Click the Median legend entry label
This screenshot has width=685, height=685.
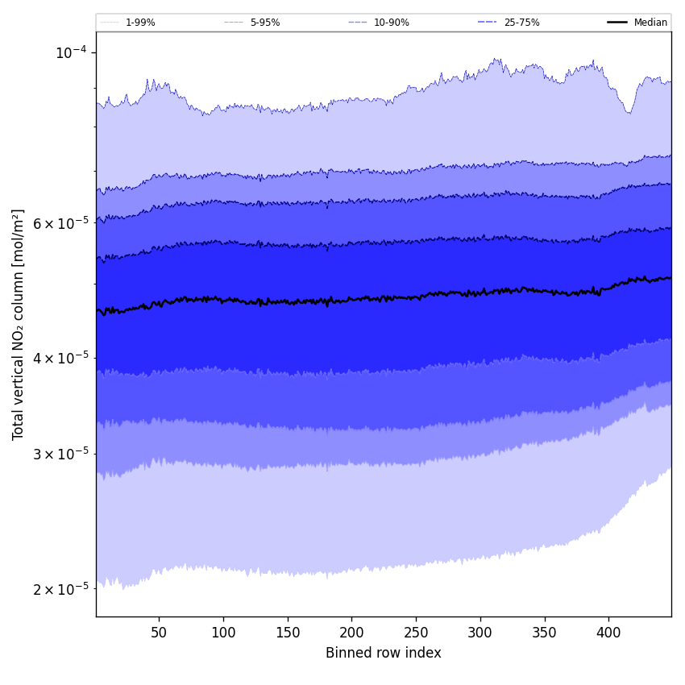[x=650, y=23]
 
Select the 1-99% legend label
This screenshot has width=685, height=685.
[x=140, y=23]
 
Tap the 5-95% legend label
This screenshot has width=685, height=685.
[x=265, y=23]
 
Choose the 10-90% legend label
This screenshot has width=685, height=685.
[x=392, y=23]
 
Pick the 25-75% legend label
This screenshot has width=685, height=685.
[x=522, y=23]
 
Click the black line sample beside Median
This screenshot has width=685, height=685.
[x=618, y=23]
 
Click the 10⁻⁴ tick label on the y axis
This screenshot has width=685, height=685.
[x=71, y=52]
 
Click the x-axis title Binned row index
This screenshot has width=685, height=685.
[x=384, y=653]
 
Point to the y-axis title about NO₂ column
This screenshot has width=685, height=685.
[x=19, y=324]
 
